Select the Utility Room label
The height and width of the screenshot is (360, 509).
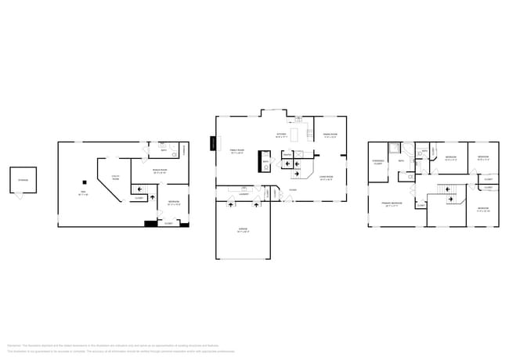click(115, 177)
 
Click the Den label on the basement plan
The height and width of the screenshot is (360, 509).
click(82, 193)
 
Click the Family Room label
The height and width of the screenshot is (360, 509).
click(236, 152)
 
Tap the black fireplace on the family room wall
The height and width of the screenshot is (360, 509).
click(212, 143)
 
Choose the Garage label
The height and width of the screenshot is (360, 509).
click(243, 229)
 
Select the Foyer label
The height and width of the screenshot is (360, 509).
click(292, 189)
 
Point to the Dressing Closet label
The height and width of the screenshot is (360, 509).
click(377, 163)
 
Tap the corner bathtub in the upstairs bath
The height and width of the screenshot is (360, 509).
click(396, 147)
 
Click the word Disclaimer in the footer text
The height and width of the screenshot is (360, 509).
click(13, 344)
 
